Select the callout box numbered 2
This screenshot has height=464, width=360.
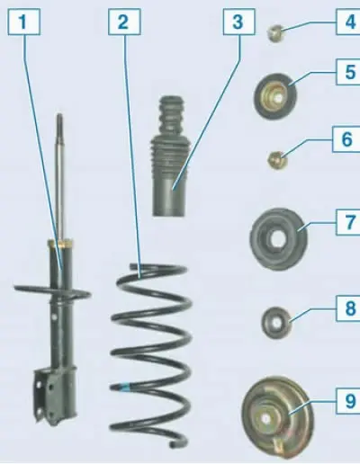pos(124,22)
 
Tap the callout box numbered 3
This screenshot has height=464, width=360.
pos(238,22)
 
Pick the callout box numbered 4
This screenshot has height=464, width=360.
pos(348,22)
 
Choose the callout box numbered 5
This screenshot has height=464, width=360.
pos(348,72)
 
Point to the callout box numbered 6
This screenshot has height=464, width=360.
pos(346,139)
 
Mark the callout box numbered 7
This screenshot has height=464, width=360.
pos(348,222)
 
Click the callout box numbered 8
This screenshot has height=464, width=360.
pos(348,308)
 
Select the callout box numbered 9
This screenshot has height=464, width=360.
pos(348,401)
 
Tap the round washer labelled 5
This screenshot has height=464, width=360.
pos(275,96)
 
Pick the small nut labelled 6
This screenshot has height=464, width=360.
pos(277,160)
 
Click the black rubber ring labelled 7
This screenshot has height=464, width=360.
pos(279,238)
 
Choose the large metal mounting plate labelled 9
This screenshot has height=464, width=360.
pos(277,417)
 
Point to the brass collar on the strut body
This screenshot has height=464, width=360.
pos(60,243)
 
